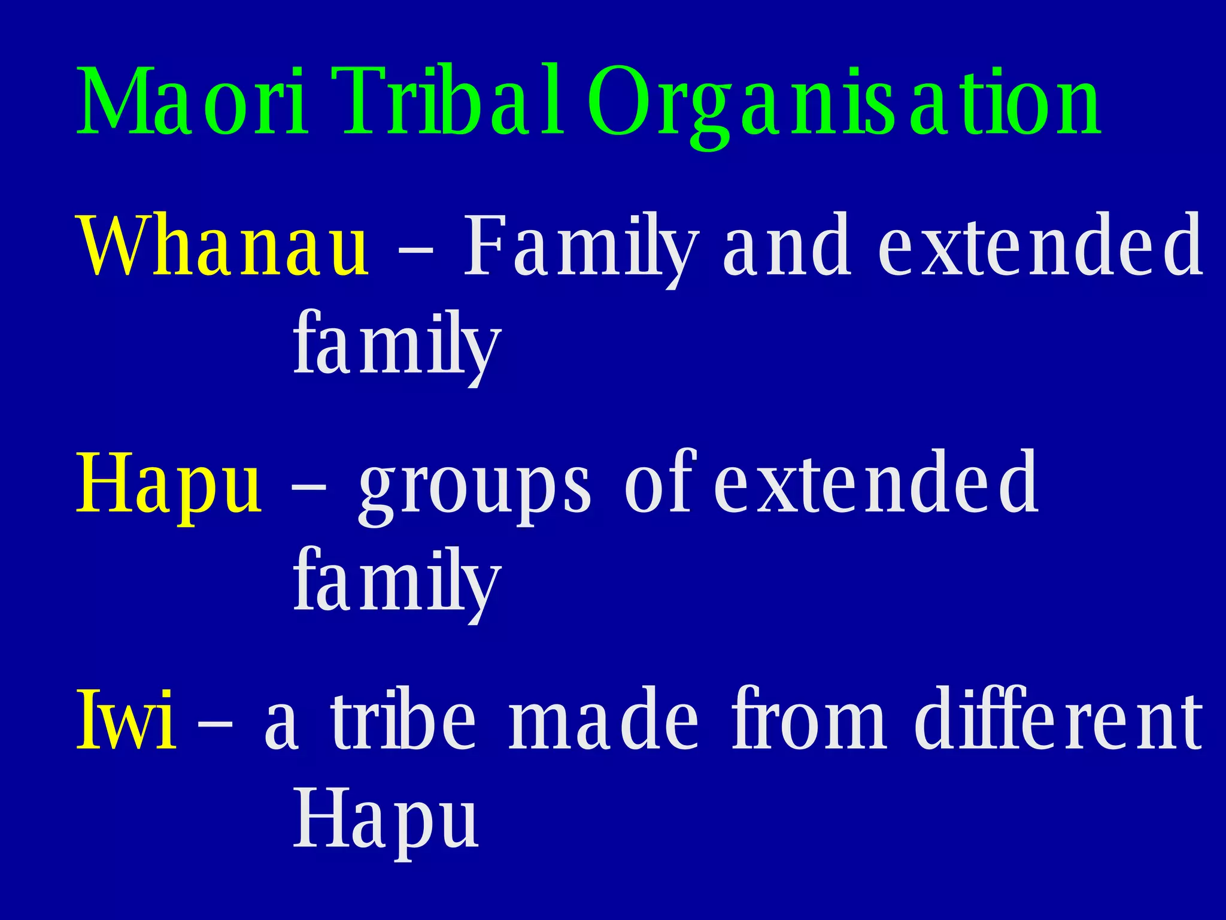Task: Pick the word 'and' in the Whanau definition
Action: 787,246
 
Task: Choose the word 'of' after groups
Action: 658,482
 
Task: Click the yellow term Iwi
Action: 126,719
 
